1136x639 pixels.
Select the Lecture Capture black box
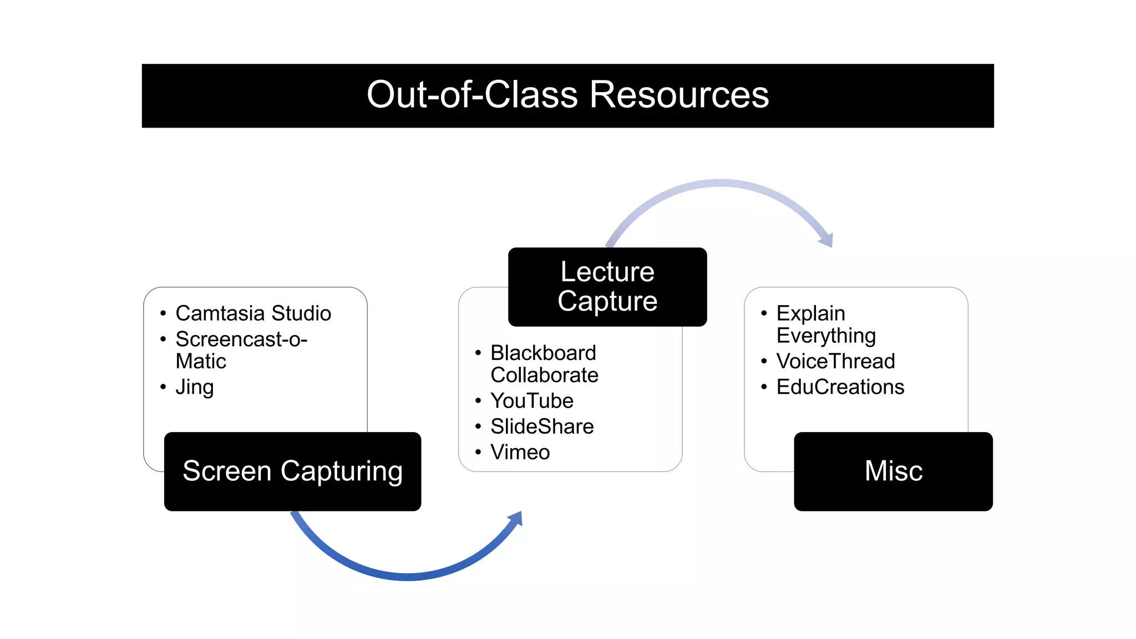(607, 287)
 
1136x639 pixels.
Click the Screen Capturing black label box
(292, 471)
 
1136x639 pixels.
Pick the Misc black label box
(893, 471)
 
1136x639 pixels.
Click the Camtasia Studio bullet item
(253, 313)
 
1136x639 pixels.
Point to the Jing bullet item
(194, 387)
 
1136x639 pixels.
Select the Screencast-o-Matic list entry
(241, 350)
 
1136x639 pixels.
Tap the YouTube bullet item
(531, 400)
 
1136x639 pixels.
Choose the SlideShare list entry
(542, 427)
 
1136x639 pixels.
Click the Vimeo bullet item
(520, 452)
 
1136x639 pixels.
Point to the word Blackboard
(543, 353)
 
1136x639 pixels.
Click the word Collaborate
(544, 376)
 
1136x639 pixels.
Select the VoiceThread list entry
(835, 361)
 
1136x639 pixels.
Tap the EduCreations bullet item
(840, 387)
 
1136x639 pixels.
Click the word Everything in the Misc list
(826, 336)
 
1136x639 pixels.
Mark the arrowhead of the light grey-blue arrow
(827, 240)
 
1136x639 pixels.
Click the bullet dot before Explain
(764, 313)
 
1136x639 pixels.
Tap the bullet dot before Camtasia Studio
(163, 313)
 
